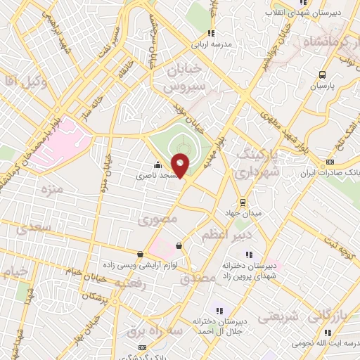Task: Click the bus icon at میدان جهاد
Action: click(x=243, y=202)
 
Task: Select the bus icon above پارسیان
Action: click(x=322, y=74)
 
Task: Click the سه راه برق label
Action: click(x=150, y=328)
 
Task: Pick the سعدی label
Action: click(x=32, y=229)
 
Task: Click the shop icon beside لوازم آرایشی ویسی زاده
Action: click(x=140, y=254)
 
